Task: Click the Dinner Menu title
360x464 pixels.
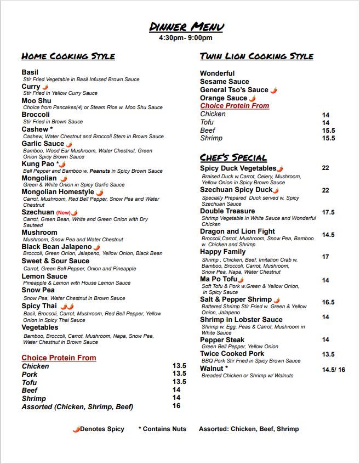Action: coord(186,27)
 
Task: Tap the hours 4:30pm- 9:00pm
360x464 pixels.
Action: coord(185,38)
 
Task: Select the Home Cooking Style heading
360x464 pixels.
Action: coord(68,56)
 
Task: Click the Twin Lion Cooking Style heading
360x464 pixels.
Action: coord(256,56)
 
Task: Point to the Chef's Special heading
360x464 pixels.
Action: coord(233,157)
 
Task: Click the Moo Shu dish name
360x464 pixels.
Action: coord(36,101)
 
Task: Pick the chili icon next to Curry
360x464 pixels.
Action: coord(45,87)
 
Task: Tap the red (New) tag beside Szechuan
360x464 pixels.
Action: coord(63,213)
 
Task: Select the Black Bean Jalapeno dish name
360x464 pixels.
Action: coord(56,247)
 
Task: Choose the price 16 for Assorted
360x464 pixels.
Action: coord(176,406)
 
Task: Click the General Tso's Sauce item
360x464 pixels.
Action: coord(234,90)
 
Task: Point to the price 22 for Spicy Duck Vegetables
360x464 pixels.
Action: coord(325,168)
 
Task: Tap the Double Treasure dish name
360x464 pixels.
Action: coord(227,211)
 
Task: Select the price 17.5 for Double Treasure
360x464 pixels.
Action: coord(328,212)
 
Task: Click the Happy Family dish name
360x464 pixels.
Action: coord(222,252)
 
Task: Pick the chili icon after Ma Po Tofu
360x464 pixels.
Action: coord(241,280)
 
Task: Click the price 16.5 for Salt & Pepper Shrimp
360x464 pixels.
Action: coord(328,302)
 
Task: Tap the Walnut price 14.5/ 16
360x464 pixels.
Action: coord(333,370)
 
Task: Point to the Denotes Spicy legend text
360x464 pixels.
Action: coord(102,429)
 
